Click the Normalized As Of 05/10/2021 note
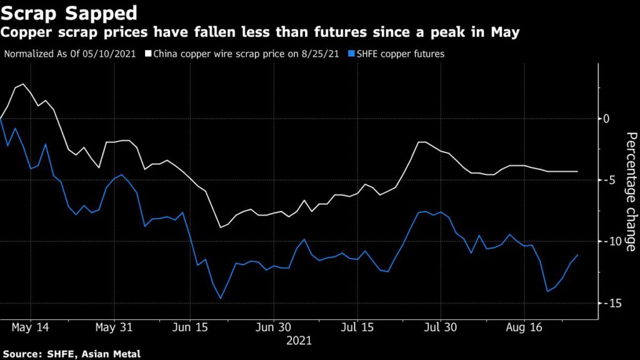[72, 54]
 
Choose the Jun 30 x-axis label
[274, 327]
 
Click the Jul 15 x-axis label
[358, 327]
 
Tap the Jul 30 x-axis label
[441, 327]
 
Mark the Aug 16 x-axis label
[524, 327]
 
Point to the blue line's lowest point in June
[221, 298]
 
